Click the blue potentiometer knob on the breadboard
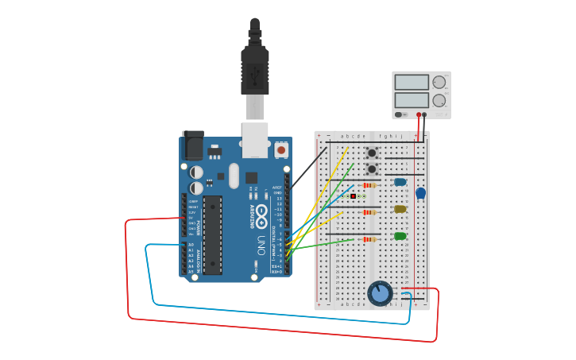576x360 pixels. (x=380, y=293)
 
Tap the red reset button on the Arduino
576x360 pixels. (x=280, y=149)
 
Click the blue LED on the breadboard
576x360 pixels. (x=400, y=182)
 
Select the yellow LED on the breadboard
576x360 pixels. (x=400, y=209)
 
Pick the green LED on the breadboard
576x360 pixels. (x=400, y=236)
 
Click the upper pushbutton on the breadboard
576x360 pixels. (x=371, y=153)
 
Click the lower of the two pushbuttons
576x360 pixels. (x=371, y=168)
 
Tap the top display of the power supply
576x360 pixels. (x=411, y=82)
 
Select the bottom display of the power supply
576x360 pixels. (x=411, y=100)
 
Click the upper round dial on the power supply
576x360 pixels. (x=439, y=82)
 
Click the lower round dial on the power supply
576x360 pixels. (x=439, y=101)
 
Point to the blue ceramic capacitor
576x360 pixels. (x=420, y=193)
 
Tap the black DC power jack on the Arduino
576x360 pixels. (x=193, y=145)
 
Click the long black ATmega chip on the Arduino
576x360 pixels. (x=212, y=235)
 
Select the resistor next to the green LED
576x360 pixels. (x=369, y=239)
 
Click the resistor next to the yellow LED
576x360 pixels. (x=369, y=212)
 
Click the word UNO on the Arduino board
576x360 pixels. (x=261, y=245)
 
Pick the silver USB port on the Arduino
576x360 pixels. (x=255, y=140)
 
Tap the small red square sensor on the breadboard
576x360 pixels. (x=352, y=195)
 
